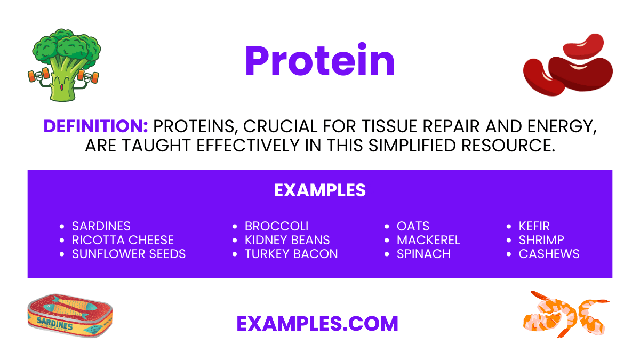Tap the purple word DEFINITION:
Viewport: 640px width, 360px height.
tap(95, 126)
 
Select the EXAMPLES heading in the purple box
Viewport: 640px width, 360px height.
tap(320, 190)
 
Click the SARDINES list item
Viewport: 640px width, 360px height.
tap(101, 226)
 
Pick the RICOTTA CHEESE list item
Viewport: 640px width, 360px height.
tap(123, 240)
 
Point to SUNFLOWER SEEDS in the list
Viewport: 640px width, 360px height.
tap(129, 254)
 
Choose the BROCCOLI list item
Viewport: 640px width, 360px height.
tap(276, 226)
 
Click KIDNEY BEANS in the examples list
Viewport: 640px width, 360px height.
tap(287, 240)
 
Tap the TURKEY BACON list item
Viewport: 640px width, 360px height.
tap(291, 254)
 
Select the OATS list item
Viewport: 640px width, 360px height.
tap(413, 226)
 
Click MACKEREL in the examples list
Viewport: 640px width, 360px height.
tap(428, 240)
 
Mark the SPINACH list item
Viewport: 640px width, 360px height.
tap(423, 254)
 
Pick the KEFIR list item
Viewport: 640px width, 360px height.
tap(534, 226)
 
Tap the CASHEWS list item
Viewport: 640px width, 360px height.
tap(549, 254)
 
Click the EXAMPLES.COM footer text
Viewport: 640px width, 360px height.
tap(317, 323)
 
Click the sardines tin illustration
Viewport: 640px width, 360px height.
tap(69, 318)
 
